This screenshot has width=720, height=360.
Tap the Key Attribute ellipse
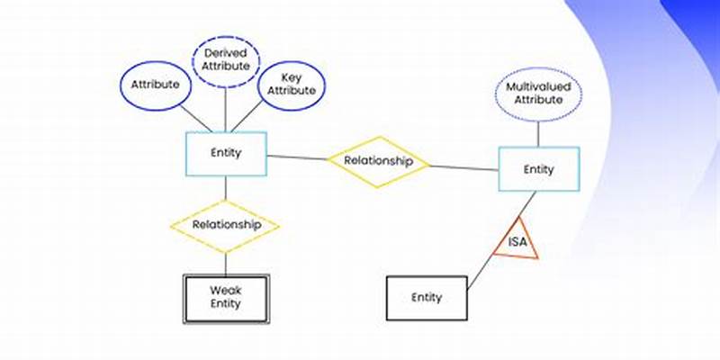click(x=291, y=84)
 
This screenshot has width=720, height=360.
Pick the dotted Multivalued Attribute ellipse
click(x=538, y=94)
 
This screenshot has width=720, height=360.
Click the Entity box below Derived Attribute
click(x=226, y=153)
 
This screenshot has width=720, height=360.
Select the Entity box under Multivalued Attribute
click(x=539, y=169)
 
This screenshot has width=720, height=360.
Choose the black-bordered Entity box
click(x=427, y=298)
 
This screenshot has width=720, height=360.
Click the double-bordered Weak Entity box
click(x=226, y=298)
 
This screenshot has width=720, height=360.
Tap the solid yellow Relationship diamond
click(x=378, y=162)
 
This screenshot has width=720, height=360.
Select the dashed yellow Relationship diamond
click(x=226, y=225)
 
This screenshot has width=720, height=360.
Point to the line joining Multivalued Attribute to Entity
click(x=538, y=134)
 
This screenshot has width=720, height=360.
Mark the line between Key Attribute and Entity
click(x=258, y=117)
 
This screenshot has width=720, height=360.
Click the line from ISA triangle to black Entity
click(x=480, y=275)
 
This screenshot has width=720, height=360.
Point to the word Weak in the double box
click(x=226, y=291)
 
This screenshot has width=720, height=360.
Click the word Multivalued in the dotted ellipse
click(x=538, y=87)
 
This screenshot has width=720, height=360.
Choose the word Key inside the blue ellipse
click(x=291, y=77)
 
